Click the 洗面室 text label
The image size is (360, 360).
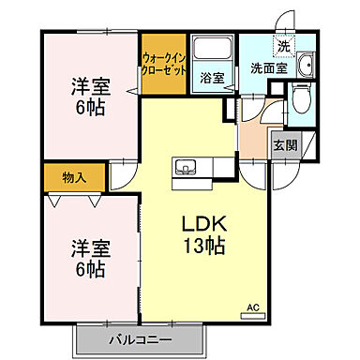267,67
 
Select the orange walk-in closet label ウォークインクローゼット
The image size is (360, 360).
164,64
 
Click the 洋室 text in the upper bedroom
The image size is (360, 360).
90,87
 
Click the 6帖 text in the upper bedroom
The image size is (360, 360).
90,107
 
